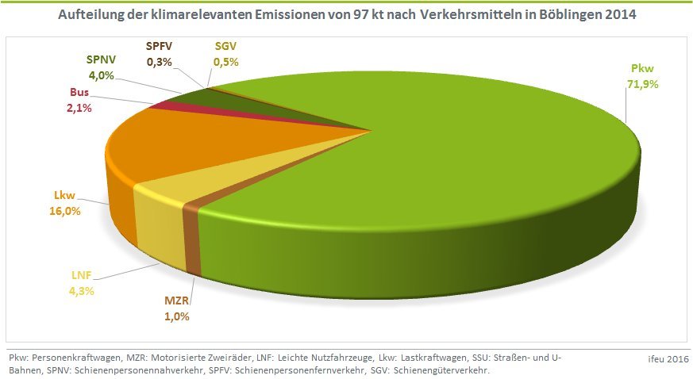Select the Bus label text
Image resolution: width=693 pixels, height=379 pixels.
click(x=80, y=91)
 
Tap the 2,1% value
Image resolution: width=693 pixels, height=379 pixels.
click(x=80, y=106)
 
